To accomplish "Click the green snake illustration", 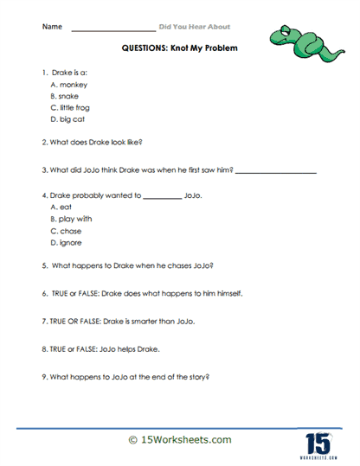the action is pos(296,39).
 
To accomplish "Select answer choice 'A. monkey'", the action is pos(68,86).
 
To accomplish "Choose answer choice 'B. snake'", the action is pos(66,97).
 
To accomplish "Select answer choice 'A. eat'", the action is pos(61,208).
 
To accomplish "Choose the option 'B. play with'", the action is pos(71,220).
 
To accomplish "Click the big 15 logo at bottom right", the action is pos(317,440).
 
